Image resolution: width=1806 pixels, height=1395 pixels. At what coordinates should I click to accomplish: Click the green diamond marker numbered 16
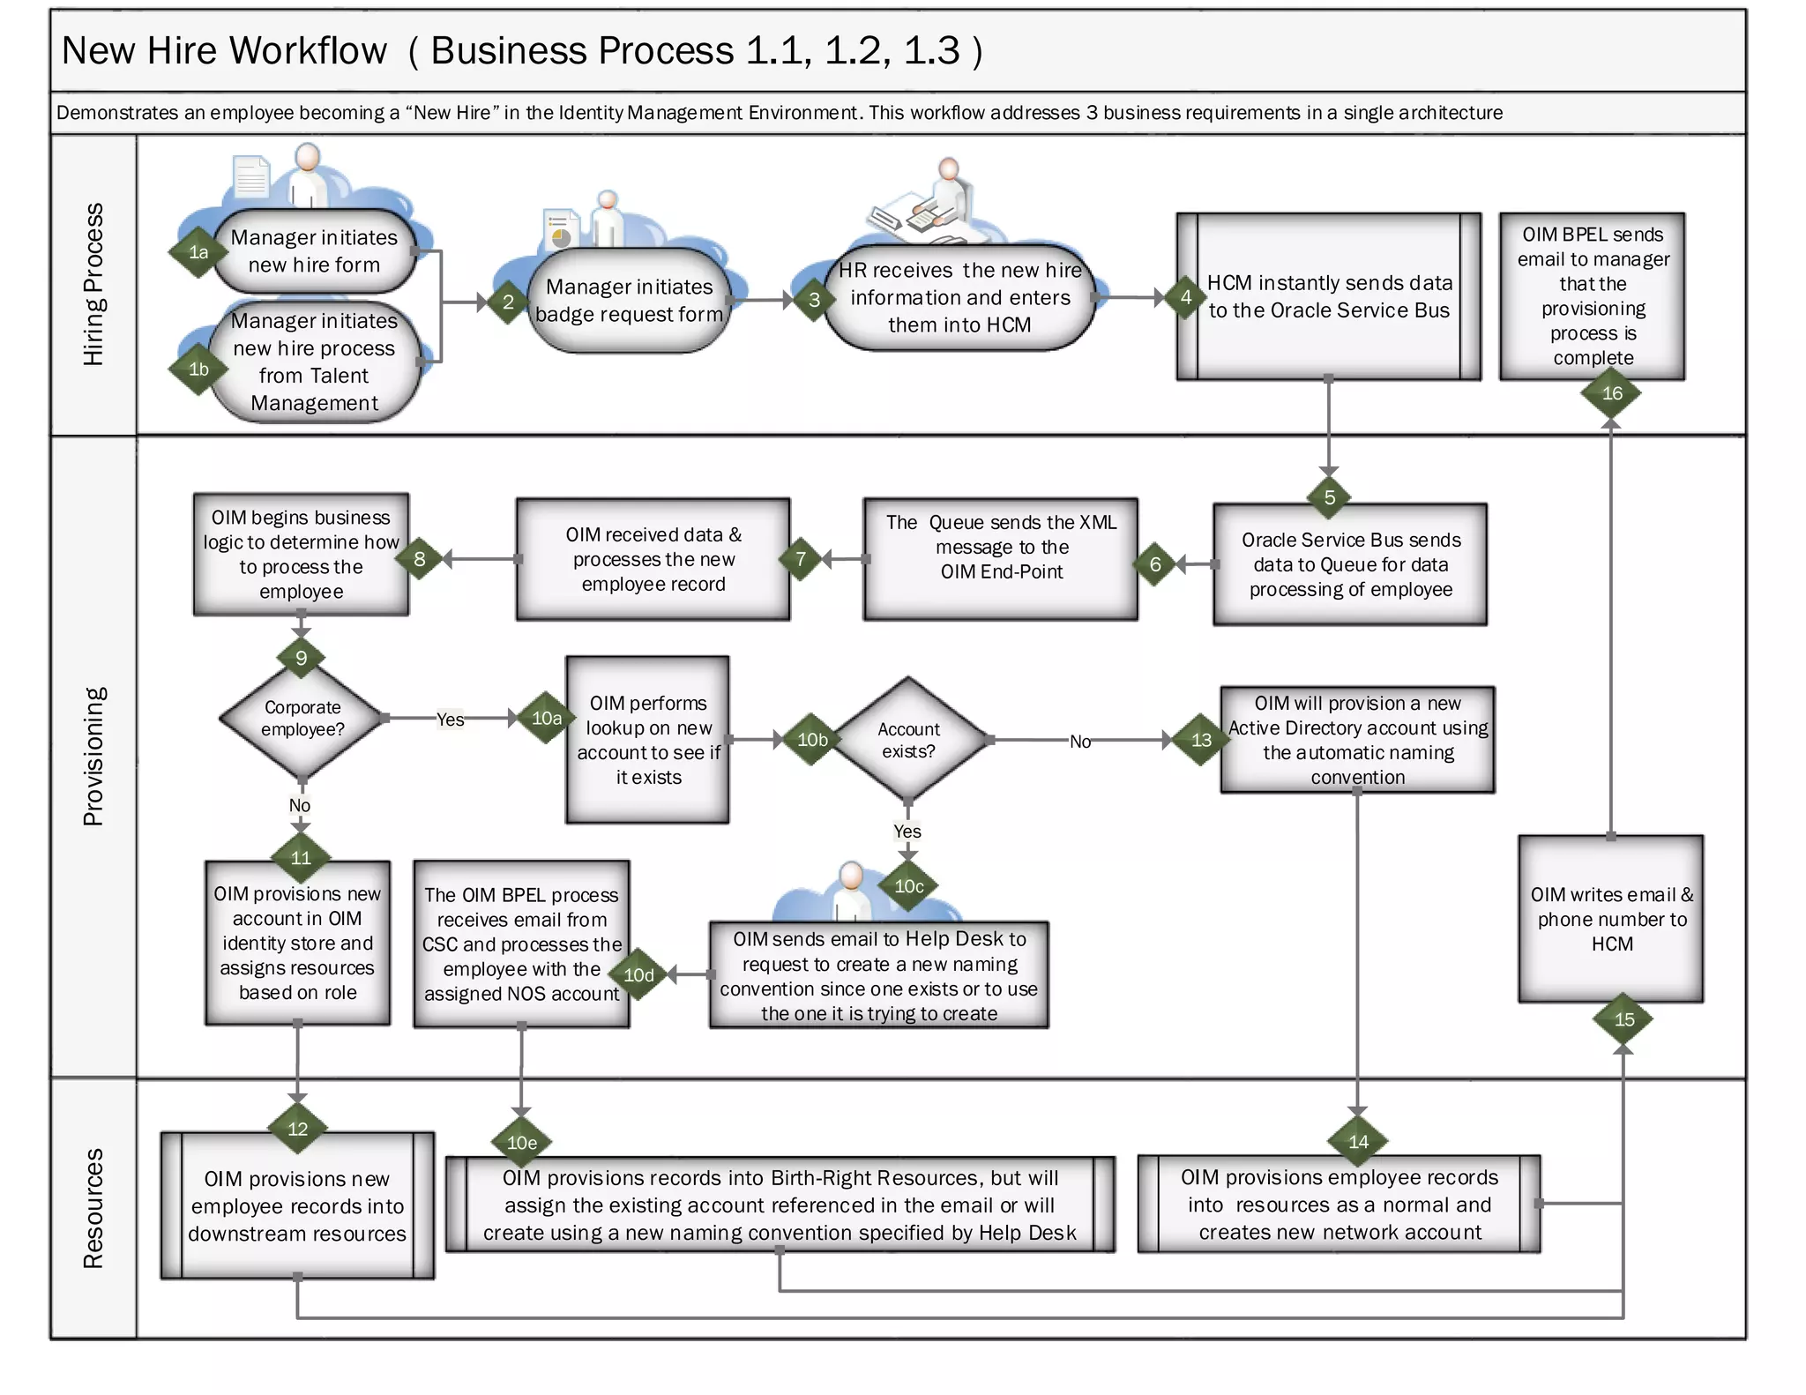[1611, 393]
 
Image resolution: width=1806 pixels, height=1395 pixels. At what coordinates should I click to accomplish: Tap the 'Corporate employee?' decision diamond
[302, 719]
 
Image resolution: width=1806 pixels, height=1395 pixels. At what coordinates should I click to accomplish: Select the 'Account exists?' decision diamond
[908, 740]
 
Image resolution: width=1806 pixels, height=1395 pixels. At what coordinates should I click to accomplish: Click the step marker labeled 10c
[908, 886]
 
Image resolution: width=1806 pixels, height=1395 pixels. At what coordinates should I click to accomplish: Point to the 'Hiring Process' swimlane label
[93, 284]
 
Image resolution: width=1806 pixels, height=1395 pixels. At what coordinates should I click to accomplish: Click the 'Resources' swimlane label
[93, 1207]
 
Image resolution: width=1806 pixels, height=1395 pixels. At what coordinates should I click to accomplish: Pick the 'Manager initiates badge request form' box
[629, 301]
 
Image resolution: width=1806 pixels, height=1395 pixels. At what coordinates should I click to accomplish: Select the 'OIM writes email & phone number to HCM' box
[1611, 919]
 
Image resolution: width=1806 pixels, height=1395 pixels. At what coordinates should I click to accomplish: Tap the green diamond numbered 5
[1329, 497]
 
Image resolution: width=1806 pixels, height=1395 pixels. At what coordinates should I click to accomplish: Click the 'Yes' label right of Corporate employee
[450, 720]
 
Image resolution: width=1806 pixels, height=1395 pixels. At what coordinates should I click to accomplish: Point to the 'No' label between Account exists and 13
[1079, 742]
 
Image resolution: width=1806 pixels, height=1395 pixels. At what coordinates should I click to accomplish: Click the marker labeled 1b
[198, 369]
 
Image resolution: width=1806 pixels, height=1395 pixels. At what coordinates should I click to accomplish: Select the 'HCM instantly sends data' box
[1328, 296]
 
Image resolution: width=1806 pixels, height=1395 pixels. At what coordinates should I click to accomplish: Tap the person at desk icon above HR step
[926, 203]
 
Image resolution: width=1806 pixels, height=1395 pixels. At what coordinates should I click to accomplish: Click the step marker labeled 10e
[521, 1143]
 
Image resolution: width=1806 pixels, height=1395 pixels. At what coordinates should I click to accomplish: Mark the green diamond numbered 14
[1358, 1142]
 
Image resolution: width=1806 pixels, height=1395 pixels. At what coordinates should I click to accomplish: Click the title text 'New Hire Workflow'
[224, 50]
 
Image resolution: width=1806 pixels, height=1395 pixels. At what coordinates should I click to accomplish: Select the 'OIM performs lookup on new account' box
[648, 740]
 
